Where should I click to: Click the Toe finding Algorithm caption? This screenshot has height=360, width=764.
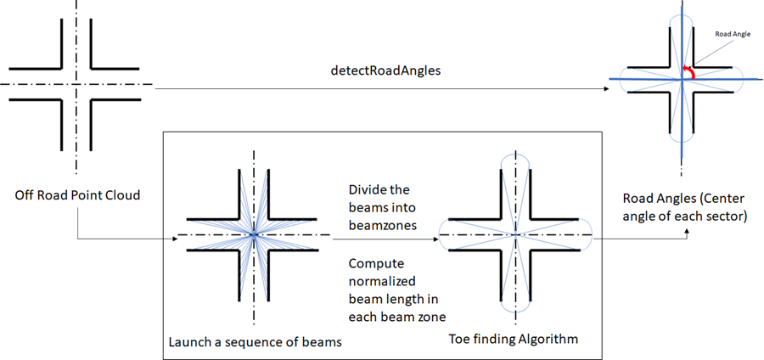[x=514, y=339]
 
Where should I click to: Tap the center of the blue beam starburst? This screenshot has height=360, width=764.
[x=253, y=233]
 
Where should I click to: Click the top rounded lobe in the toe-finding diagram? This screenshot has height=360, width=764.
[x=515, y=162]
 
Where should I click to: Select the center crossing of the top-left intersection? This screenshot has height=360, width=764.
[x=77, y=84]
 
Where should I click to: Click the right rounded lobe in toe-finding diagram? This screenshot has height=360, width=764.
[x=585, y=233]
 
